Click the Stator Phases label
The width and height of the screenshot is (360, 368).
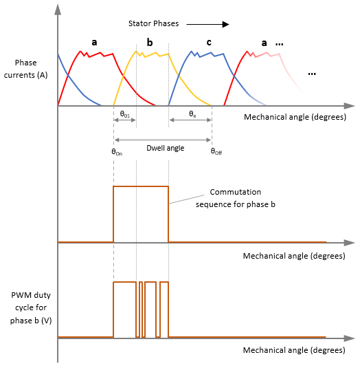pyautogui.click(x=153, y=23)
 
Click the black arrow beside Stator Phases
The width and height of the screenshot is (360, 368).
pyautogui.click(x=207, y=24)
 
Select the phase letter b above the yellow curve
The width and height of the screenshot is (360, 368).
pyautogui.click(x=150, y=43)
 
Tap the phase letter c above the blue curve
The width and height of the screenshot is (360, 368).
pyautogui.click(x=209, y=42)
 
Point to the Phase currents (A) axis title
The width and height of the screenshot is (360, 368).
pyautogui.click(x=25, y=69)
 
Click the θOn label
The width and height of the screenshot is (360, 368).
pyautogui.click(x=117, y=152)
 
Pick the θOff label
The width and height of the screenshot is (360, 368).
pyautogui.click(x=216, y=151)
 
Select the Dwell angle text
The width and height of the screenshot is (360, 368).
pyautogui.click(x=166, y=148)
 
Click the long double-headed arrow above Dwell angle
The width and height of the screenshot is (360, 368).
pyautogui.click(x=163, y=140)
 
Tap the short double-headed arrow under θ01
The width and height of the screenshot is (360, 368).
pyautogui.click(x=124, y=120)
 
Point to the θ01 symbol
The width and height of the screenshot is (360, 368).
pyautogui.click(x=124, y=114)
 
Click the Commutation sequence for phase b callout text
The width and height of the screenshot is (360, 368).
pyautogui.click(x=236, y=198)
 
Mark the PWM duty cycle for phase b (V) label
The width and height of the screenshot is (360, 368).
pyautogui.click(x=31, y=307)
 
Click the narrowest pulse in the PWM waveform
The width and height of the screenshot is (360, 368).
pyautogui.click(x=141, y=310)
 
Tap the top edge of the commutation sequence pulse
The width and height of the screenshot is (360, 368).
pyautogui.click(x=141, y=186)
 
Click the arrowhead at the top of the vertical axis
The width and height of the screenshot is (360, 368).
pyautogui.click(x=58, y=10)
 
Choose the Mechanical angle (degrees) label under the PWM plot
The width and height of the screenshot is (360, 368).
pyautogui.click(x=294, y=350)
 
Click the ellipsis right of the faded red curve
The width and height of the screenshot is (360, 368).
pyautogui.click(x=312, y=74)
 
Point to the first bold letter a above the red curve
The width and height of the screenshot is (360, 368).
pyautogui.click(x=94, y=43)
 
